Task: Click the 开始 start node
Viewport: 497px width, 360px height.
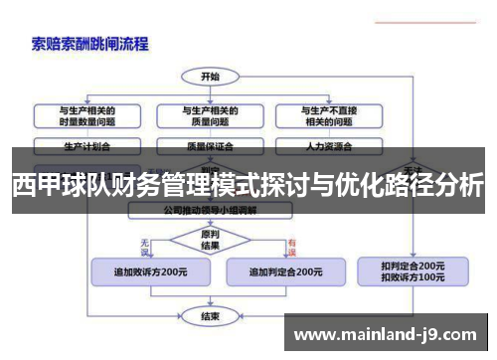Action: tap(210, 76)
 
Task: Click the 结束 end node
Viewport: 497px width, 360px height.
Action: tap(210, 316)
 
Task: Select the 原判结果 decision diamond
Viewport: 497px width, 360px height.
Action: tap(210, 241)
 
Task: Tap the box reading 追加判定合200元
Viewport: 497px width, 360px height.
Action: tap(286, 270)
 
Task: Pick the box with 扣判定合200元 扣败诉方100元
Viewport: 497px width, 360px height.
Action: tap(413, 271)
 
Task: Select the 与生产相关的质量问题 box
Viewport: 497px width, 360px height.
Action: tap(210, 115)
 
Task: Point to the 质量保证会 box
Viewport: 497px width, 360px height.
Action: tap(210, 145)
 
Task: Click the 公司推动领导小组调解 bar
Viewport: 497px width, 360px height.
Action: tap(210, 211)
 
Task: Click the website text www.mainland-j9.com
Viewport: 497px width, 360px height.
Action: tap(391, 335)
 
